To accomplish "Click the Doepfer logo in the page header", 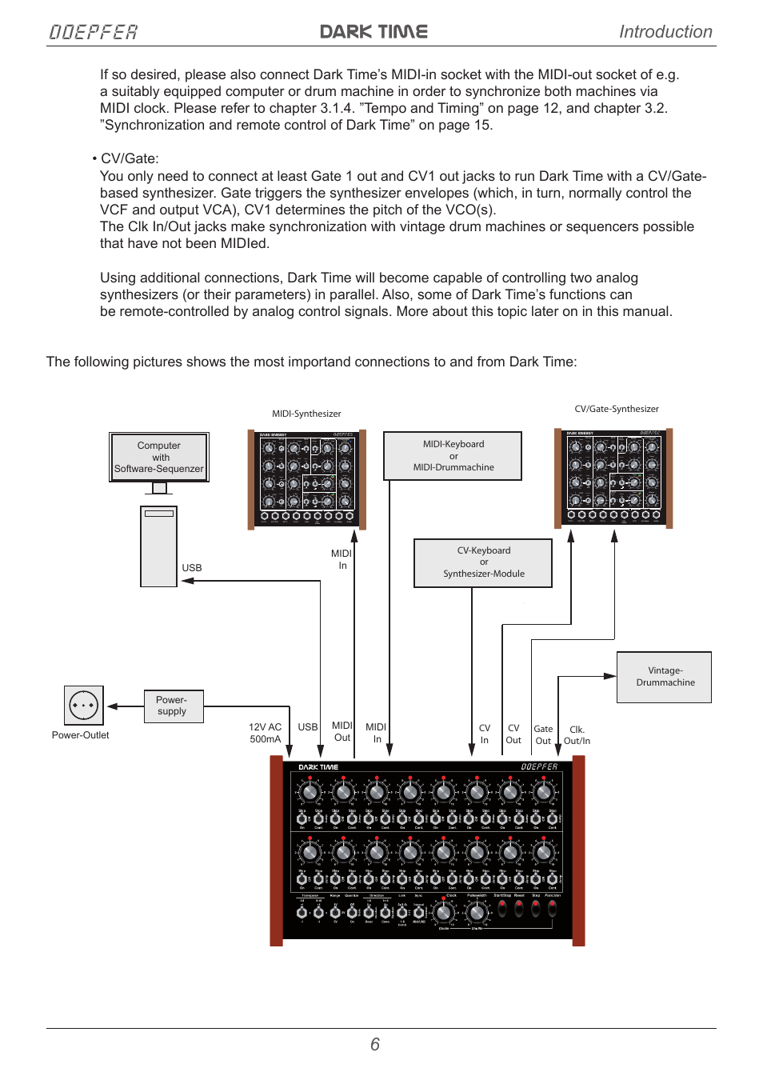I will pos(93,32).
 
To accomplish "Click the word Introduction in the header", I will pos(665,32).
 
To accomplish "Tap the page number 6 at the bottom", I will pos(374,1044).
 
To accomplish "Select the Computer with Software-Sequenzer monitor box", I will pos(159,457).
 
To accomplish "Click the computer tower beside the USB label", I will pos(158,546).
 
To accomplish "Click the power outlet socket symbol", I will pos(84,706).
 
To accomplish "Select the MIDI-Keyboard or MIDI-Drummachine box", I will pos(453,456).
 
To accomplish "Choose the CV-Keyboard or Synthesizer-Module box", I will pos(483,562).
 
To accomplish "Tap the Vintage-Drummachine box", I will pos(664,677).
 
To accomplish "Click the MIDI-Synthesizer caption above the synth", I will pos(306,414).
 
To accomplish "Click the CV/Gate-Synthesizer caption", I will pos(616,409).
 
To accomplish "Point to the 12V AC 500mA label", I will pos(265,733).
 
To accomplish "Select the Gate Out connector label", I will pos(543,734).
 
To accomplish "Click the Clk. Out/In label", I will pos(577,735).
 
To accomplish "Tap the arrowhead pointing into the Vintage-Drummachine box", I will pos(609,676).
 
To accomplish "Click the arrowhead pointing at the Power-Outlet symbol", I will pos(113,706).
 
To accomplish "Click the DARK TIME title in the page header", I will pos(374,32).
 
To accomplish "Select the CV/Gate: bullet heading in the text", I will pos(128,158).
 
